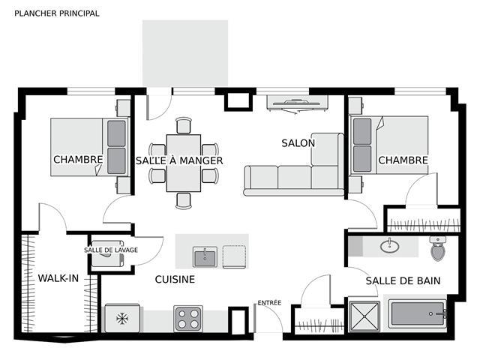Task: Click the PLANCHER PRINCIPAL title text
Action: point(57,13)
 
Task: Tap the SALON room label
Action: point(298,143)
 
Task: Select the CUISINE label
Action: point(175,279)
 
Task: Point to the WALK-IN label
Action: point(58,278)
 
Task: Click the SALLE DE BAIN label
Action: point(403,280)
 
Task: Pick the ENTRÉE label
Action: point(269,303)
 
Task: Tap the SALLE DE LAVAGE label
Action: point(111,250)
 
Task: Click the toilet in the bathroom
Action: point(438,248)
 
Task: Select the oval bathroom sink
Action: point(390,245)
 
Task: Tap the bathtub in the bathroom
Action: point(418,313)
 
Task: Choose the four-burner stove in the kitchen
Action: point(188,319)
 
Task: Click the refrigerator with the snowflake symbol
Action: point(122,318)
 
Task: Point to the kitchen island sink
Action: point(205,257)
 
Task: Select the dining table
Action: point(184,163)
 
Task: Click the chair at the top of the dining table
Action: point(184,125)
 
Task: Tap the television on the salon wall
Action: point(297,103)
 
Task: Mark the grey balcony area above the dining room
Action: point(185,53)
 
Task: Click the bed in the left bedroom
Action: point(89,147)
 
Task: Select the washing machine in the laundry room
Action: point(108,253)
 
